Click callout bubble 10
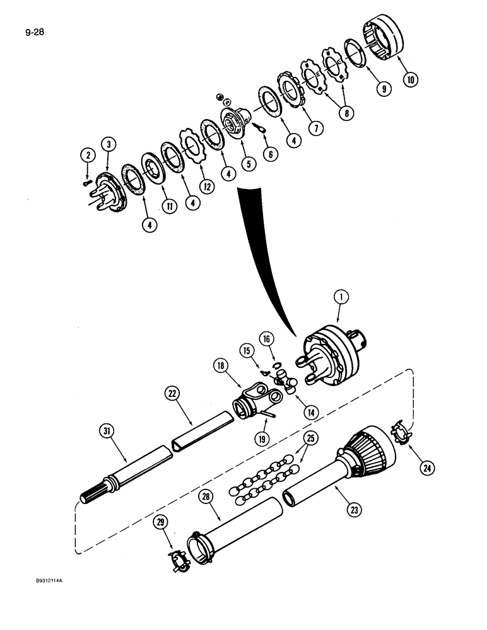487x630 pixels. [x=411, y=79]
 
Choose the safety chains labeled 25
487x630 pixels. [x=265, y=479]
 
